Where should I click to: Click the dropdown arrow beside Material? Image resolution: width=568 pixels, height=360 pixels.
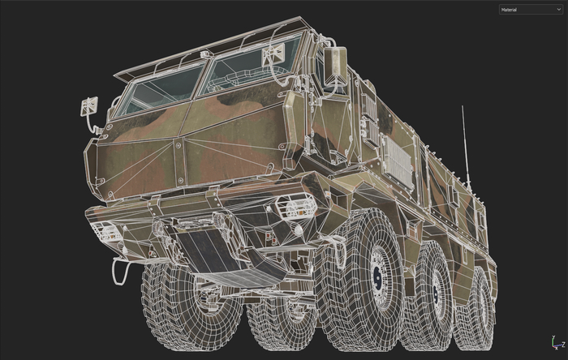(x=558, y=10)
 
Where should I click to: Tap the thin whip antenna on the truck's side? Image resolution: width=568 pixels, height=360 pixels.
(x=466, y=146)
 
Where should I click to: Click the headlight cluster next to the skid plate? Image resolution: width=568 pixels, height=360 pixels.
(x=289, y=207)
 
